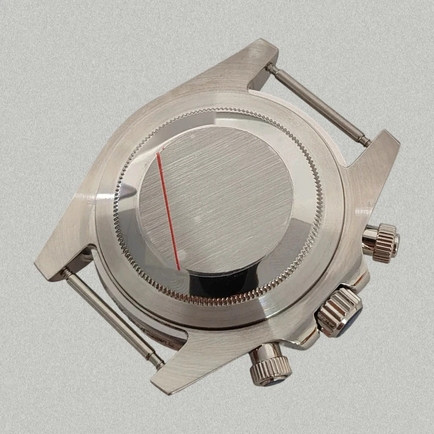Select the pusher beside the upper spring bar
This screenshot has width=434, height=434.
point(381,242)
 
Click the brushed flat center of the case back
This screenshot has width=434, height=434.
point(217,195)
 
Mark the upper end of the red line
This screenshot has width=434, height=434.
point(157,154)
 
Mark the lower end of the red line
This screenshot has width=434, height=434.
point(179,268)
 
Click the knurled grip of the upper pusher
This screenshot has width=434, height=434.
point(386,242)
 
